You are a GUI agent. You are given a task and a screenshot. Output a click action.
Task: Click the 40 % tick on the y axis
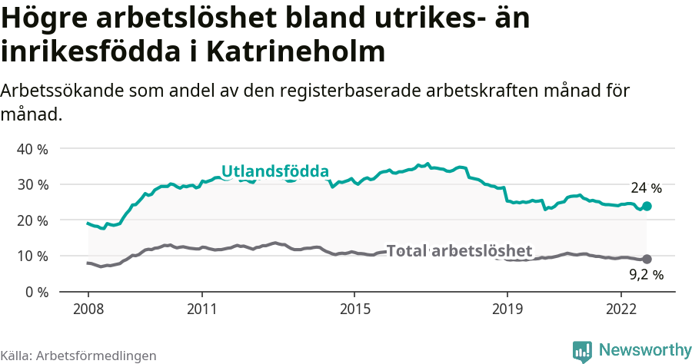(32, 149)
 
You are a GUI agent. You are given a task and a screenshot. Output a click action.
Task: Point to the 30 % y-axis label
(32, 184)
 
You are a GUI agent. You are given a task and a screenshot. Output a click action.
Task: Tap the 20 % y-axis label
(32, 220)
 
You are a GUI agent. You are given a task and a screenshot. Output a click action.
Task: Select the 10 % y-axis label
(32, 256)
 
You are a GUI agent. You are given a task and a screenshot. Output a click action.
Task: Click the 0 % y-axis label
(35, 292)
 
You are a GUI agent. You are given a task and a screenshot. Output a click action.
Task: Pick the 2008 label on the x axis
(88, 308)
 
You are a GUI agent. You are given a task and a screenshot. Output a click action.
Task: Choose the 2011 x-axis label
(201, 308)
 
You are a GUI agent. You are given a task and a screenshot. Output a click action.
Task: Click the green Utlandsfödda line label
(274, 171)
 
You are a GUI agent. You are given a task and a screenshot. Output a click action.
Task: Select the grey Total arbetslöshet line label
(459, 251)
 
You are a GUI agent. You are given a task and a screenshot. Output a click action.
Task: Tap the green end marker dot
(647, 206)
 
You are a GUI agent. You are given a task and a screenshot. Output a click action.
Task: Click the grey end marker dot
(647, 260)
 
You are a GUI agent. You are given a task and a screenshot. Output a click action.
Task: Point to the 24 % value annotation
(646, 188)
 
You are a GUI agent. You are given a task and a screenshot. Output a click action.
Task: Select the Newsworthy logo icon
(583, 351)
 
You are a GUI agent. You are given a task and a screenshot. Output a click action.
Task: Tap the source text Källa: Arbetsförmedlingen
(78, 356)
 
